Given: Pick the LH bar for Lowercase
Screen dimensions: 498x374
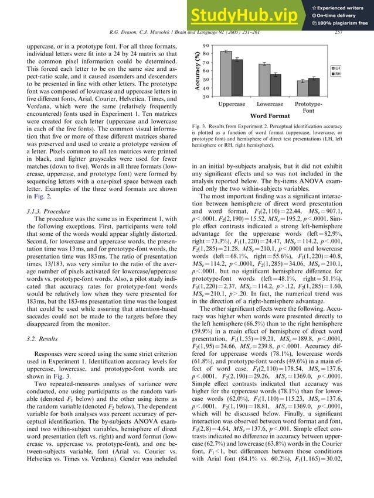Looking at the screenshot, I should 265,80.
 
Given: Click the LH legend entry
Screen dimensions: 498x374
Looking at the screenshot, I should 338,68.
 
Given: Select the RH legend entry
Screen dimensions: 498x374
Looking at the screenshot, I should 338,74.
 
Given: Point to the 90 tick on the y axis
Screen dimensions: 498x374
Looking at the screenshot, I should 206,46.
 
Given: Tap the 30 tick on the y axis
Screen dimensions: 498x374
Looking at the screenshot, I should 206,97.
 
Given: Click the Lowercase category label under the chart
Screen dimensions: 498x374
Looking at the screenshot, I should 270,104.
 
